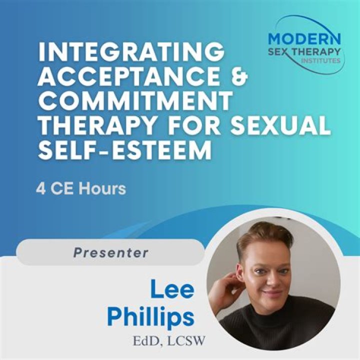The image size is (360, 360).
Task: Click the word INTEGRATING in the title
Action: (x=131, y=52)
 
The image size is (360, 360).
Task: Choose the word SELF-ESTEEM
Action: (x=124, y=149)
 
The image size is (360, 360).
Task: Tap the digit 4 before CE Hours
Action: (x=40, y=188)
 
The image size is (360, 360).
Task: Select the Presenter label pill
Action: (x=110, y=253)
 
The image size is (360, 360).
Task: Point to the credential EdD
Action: (x=145, y=341)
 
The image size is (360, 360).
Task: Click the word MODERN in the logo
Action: (x=304, y=38)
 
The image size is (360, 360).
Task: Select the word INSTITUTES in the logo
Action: (x=320, y=61)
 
